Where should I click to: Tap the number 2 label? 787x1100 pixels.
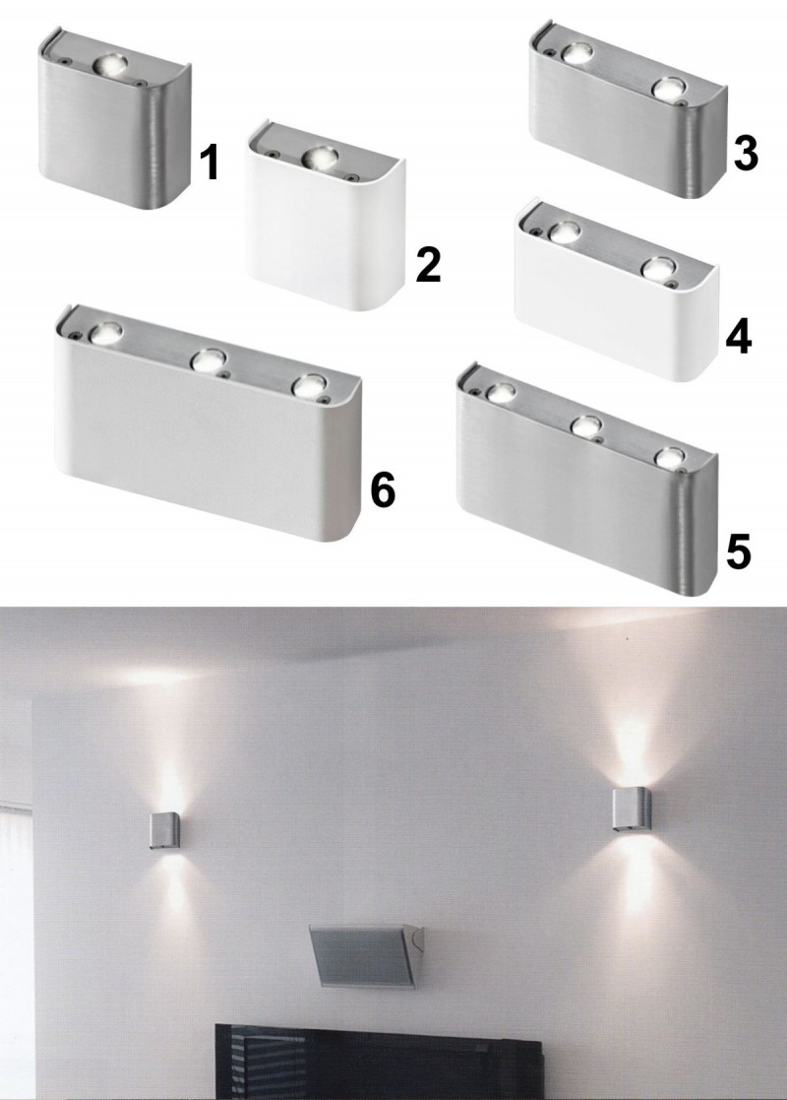pyautogui.click(x=428, y=265)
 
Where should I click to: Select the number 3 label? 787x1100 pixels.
pyautogui.click(x=746, y=153)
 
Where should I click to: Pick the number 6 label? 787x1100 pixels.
pyautogui.click(x=383, y=489)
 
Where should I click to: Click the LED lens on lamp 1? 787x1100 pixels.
pyautogui.click(x=110, y=65)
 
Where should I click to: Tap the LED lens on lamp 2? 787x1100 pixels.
pyautogui.click(x=319, y=157)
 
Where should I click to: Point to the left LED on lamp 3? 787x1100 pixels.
pyautogui.click(x=577, y=53)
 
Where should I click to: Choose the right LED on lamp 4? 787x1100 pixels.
pyautogui.click(x=659, y=269)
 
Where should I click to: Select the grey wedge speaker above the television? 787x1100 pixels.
pyautogui.click(x=367, y=955)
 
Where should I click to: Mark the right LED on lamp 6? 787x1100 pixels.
pyautogui.click(x=310, y=386)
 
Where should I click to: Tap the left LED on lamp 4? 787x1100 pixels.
pyautogui.click(x=565, y=231)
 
